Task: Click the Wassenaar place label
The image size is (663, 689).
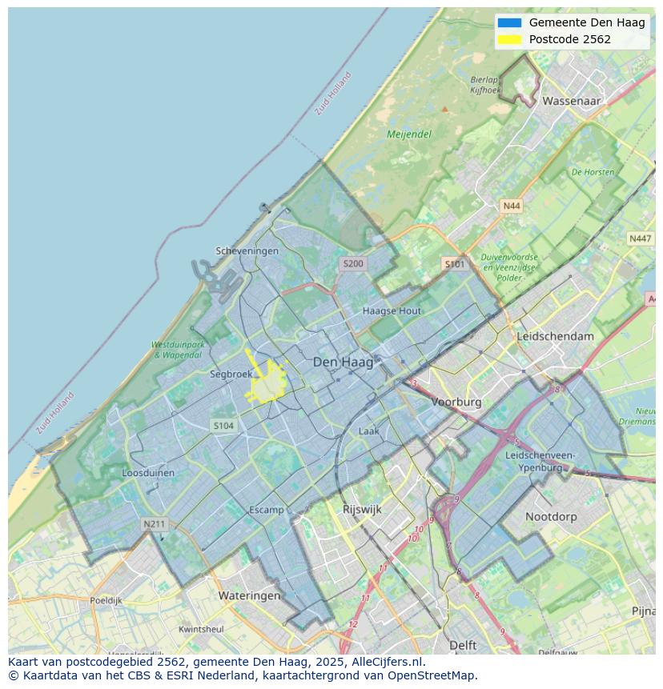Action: (571, 102)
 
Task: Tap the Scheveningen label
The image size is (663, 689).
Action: (247, 250)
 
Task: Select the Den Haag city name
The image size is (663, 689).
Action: (343, 363)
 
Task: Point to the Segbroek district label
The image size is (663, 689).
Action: (231, 374)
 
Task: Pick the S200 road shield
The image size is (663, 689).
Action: (352, 263)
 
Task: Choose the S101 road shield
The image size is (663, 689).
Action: (454, 263)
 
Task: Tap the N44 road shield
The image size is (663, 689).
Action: (511, 206)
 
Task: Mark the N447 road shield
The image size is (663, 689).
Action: (640, 238)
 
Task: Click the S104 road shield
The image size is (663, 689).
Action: (223, 426)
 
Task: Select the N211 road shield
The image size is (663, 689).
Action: (154, 524)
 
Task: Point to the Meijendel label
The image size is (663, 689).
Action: (409, 134)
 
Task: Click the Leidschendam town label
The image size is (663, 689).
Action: (556, 336)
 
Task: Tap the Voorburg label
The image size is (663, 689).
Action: (456, 402)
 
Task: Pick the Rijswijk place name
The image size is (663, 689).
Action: (362, 509)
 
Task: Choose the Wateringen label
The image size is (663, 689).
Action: (249, 595)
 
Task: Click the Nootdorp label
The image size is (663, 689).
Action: (551, 517)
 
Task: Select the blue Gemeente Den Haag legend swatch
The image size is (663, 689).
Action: (509, 22)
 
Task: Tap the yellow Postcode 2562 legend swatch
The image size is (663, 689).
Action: (509, 39)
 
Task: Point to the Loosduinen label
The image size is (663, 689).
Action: (148, 473)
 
